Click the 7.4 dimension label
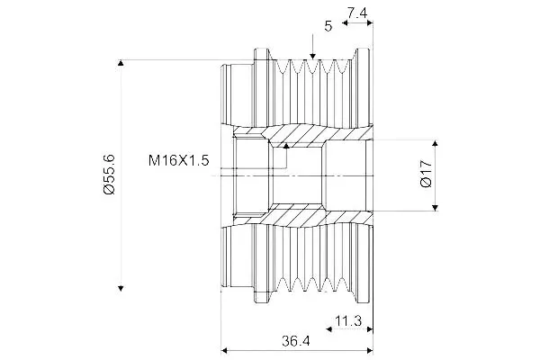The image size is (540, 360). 357,13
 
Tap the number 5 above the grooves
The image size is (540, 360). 328,26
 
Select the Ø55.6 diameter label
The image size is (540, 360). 109,175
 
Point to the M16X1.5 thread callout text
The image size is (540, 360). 179,160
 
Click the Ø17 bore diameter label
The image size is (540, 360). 427,174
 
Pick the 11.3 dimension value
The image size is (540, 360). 348,321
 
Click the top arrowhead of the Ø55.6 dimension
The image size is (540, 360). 121,63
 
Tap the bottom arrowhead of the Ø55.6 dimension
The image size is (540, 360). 121,288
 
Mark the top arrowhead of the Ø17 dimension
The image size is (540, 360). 435,143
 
